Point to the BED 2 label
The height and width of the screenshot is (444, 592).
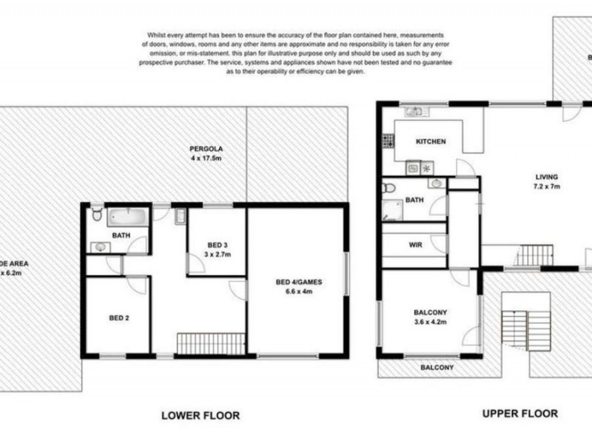tap(120, 318)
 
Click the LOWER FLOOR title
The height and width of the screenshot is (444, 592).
tap(200, 416)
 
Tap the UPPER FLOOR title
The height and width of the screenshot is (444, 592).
tap(520, 414)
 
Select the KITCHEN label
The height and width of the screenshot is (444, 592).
tap(430, 141)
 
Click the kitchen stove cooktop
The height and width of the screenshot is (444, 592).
tap(387, 140)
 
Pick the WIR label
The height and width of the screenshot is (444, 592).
tap(414, 244)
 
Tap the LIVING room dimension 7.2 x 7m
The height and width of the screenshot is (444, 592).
tap(547, 186)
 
